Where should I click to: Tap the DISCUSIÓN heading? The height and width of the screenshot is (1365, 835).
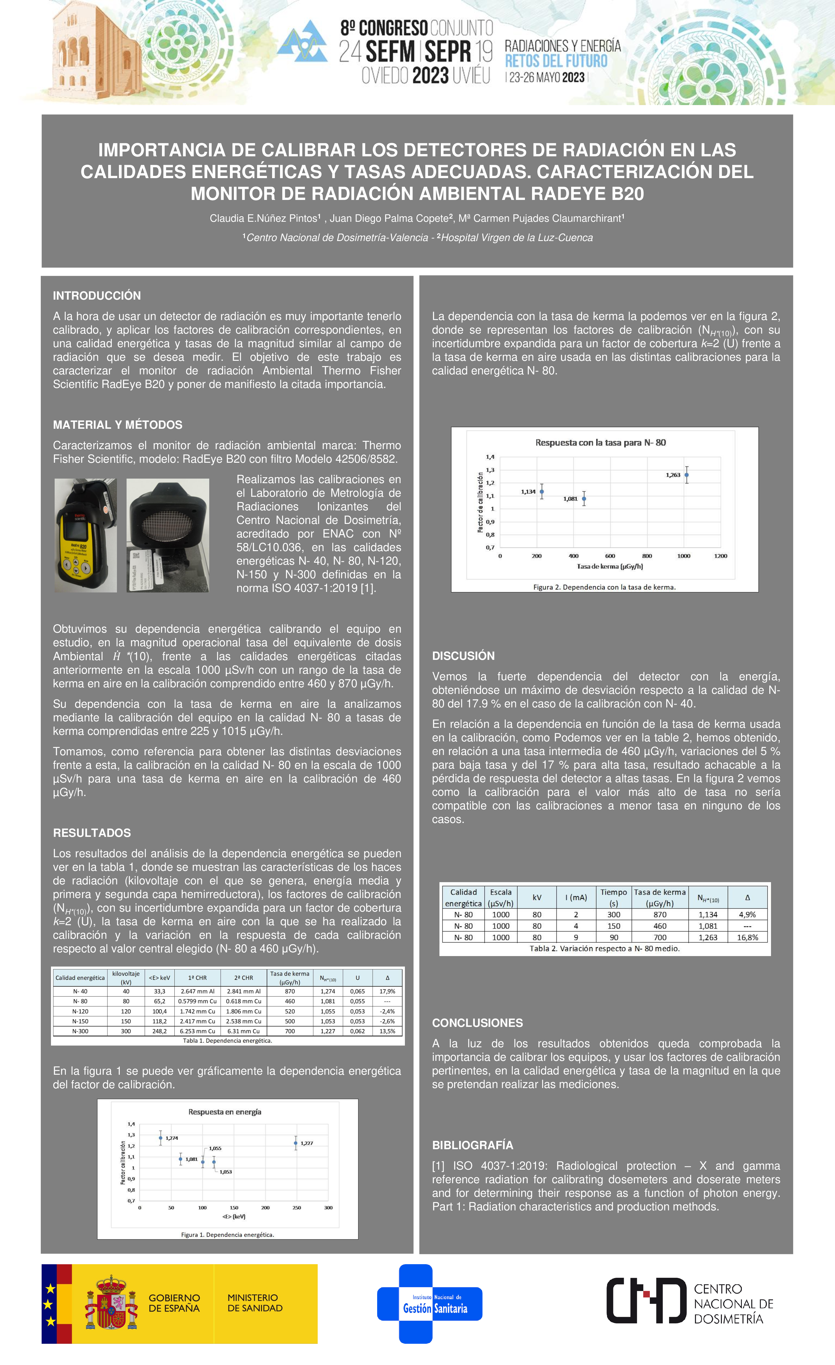(464, 656)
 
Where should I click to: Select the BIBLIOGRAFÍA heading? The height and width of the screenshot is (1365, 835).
(472, 1145)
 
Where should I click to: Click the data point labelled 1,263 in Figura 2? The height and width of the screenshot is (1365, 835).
(687, 475)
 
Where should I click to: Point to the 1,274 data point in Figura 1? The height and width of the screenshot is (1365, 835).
(161, 1138)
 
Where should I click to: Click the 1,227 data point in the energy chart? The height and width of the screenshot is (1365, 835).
(296, 1143)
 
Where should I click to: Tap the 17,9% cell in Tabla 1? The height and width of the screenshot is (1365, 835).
(387, 991)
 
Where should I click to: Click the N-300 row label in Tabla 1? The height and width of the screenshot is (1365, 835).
(80, 1031)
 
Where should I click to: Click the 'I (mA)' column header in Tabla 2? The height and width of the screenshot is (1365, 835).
(576, 897)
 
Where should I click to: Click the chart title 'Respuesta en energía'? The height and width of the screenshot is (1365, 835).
(225, 1112)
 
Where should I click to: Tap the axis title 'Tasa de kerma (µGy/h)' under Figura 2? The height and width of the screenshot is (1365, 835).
(610, 566)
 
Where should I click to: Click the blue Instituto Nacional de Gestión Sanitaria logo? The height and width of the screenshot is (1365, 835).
(430, 1304)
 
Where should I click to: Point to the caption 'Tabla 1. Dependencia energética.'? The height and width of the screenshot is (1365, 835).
(228, 1040)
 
